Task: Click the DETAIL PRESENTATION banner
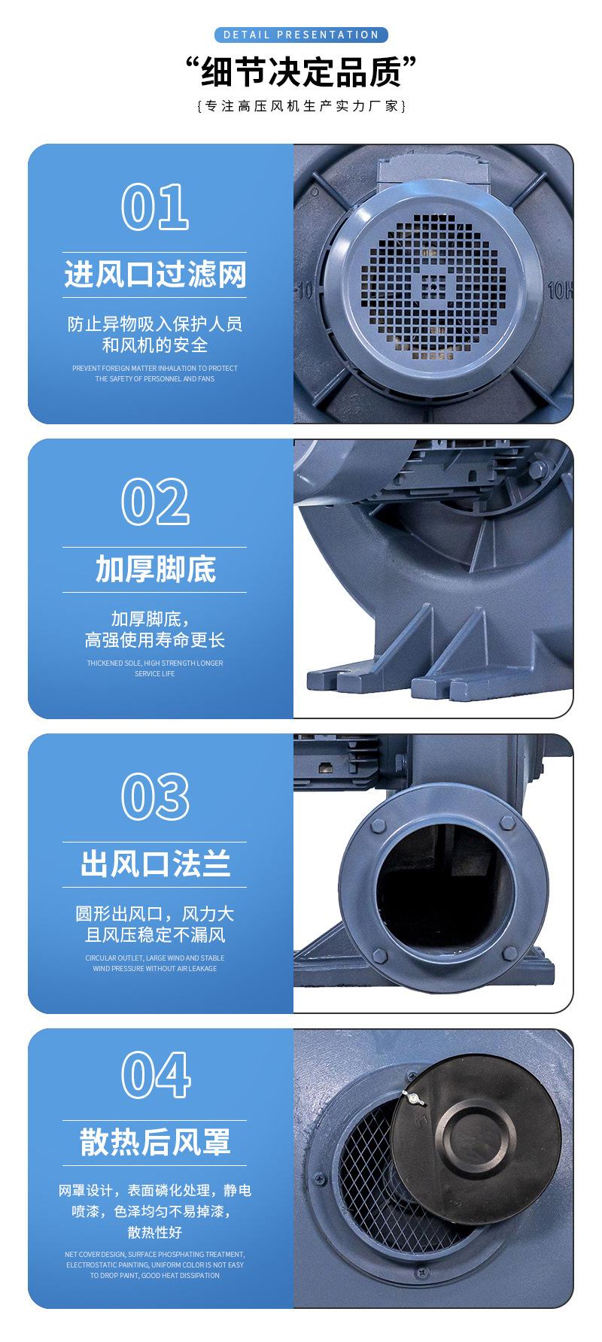tap(301, 35)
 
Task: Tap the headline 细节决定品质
tap(301, 72)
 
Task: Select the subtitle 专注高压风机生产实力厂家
tap(301, 106)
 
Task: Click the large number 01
tap(155, 207)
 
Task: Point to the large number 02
tap(155, 502)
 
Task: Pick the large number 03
tap(155, 797)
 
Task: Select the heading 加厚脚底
tap(155, 569)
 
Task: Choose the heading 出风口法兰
tap(155, 864)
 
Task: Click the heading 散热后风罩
tap(155, 1141)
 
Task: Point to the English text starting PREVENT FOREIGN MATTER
tap(155, 374)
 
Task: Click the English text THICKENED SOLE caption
tap(155, 669)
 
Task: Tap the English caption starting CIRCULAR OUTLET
tap(155, 964)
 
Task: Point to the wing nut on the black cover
tap(412, 1100)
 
